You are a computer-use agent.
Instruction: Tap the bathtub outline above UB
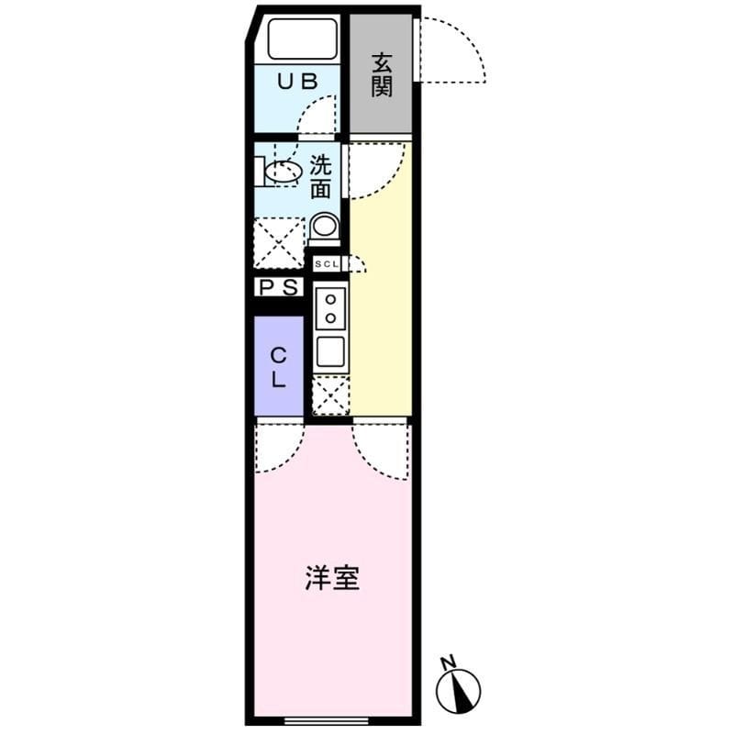(299, 39)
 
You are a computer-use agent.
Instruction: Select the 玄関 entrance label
(382, 74)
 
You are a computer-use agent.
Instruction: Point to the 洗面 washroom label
(319, 178)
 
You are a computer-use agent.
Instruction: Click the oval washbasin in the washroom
(284, 172)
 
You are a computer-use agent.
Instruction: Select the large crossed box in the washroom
(278, 242)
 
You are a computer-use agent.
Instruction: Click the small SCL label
(326, 264)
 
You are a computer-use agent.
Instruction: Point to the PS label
(278, 287)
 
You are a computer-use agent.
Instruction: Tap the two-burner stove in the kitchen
(329, 307)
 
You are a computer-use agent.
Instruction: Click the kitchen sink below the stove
(329, 350)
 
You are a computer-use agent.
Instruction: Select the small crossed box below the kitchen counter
(330, 395)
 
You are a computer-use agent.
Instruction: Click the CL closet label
(279, 365)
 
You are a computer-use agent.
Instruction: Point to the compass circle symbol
(459, 691)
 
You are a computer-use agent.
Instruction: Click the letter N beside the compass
(448, 662)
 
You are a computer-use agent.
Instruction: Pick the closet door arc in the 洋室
(277, 450)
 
